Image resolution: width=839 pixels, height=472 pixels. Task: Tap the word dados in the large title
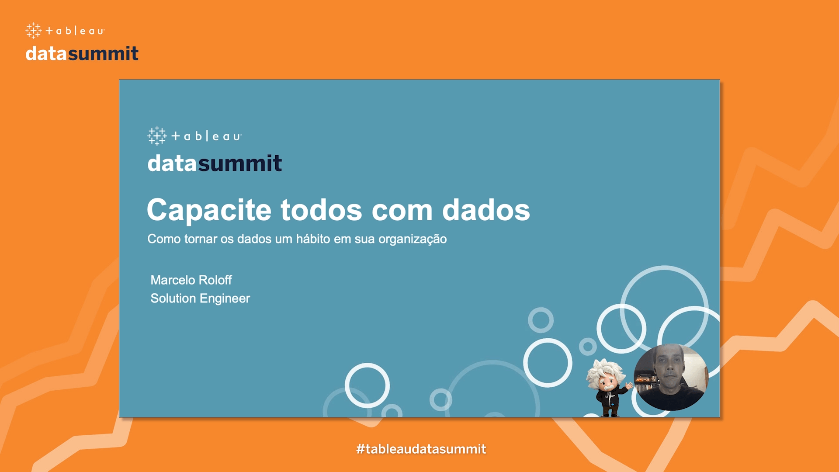coord(486,210)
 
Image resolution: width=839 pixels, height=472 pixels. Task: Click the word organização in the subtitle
coord(413,239)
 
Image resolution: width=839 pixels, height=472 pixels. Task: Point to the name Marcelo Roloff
coord(191,280)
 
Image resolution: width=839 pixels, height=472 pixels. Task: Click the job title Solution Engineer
coord(200,298)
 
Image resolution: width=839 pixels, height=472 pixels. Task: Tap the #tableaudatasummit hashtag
coord(421,449)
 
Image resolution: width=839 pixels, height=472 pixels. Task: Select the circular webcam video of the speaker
coord(671,377)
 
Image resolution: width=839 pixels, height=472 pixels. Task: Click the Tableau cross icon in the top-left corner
coord(34,31)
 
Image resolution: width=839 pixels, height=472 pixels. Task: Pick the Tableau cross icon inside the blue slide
coord(157,136)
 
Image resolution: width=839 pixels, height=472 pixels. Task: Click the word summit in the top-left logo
coord(103,54)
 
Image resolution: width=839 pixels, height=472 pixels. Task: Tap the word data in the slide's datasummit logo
coord(172,163)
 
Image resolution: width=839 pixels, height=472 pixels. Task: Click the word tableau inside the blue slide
coord(206,136)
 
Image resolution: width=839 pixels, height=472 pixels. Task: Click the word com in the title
coord(402,212)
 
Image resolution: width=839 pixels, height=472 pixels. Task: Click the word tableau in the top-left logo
coord(75,31)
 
